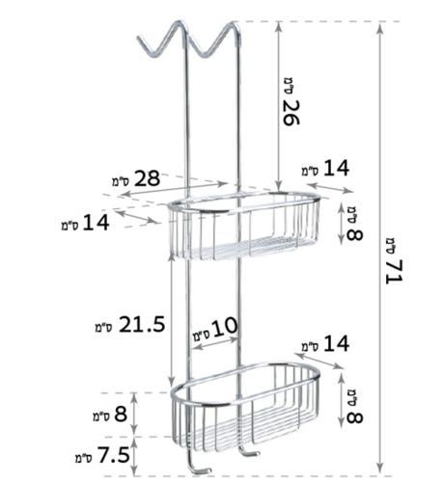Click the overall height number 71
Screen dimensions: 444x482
[x=395, y=271]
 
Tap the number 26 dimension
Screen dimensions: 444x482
[x=291, y=113]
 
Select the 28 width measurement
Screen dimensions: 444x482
[x=147, y=178]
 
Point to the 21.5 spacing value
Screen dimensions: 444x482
[x=142, y=324]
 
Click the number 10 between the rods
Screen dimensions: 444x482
[x=225, y=328]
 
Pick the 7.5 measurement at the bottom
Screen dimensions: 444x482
[x=114, y=455]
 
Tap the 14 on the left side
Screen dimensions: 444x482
[x=96, y=223]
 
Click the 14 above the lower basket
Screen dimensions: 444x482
[x=336, y=343]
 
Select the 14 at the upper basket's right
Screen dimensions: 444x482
[x=336, y=168]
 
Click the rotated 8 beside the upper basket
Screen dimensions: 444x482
[x=355, y=234]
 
